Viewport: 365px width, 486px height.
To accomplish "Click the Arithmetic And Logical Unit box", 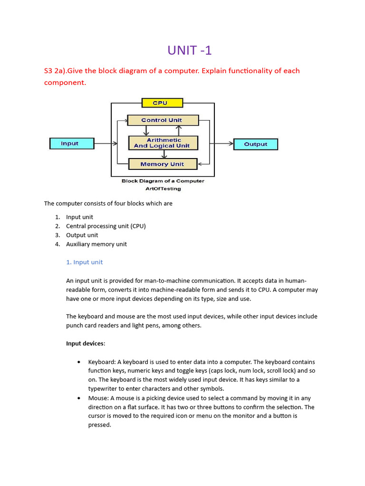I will click(x=163, y=143).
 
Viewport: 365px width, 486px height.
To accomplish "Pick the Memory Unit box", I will click(x=163, y=164).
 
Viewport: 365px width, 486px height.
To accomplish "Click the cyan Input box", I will click(x=71, y=143).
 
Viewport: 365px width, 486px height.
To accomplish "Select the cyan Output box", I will click(x=256, y=144).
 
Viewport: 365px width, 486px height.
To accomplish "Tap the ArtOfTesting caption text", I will click(x=163, y=188).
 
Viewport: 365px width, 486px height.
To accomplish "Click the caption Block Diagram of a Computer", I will click(x=163, y=181).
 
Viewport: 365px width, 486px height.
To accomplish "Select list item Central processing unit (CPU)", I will click(x=106, y=226).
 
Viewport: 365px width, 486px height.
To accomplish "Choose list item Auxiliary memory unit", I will click(x=96, y=244).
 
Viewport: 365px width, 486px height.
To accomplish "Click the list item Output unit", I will click(x=82, y=235).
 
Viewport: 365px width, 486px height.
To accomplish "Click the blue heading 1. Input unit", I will click(x=84, y=262).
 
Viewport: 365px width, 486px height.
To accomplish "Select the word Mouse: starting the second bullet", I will click(x=98, y=398).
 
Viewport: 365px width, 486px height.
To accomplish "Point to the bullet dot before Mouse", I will click(x=78, y=398).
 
